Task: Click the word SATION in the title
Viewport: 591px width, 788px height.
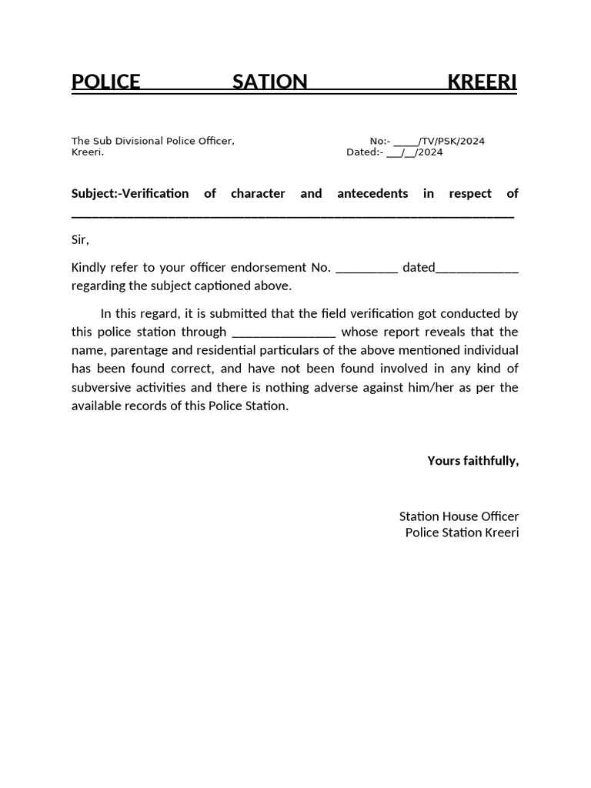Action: coord(269,82)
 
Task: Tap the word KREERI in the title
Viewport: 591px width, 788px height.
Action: coord(482,82)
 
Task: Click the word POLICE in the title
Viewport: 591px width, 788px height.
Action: coord(106,82)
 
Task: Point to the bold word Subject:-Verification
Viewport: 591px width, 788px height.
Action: coord(130,194)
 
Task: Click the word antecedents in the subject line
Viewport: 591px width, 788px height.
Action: coord(372,194)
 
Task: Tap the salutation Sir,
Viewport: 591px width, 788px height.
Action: coord(80,240)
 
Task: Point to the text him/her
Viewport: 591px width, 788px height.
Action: coord(432,388)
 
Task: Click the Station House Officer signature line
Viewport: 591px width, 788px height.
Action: coord(459,516)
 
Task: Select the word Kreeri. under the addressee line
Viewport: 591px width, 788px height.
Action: coord(87,152)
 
